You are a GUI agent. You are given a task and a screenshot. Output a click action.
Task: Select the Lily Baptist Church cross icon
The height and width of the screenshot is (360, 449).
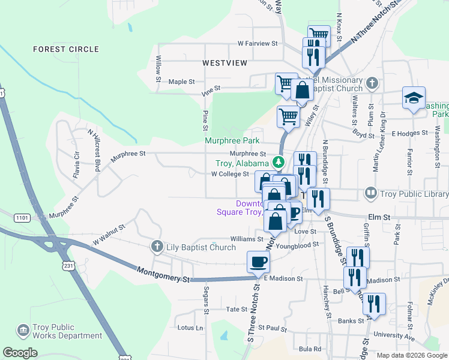click(x=157, y=246)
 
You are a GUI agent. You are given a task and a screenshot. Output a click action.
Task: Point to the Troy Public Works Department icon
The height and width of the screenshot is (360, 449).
click(x=23, y=331)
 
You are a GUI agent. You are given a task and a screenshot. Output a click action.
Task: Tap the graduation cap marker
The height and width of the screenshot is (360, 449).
click(x=414, y=98)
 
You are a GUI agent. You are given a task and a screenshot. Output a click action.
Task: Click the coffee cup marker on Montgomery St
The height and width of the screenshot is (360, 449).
click(x=258, y=262)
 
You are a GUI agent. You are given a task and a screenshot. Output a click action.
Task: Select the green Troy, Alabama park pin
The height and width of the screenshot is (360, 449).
click(x=279, y=162)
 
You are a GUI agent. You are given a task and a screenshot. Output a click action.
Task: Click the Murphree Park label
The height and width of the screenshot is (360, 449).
click(x=232, y=140)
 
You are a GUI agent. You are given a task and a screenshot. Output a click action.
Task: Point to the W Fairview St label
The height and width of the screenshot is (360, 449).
click(x=258, y=43)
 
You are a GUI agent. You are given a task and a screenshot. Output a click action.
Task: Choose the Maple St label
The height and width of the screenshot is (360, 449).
click(x=182, y=81)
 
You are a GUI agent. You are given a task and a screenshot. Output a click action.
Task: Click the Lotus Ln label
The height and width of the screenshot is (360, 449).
click(x=191, y=328)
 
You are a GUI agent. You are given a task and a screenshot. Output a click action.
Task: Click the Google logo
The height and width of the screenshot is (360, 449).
click(x=20, y=353)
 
